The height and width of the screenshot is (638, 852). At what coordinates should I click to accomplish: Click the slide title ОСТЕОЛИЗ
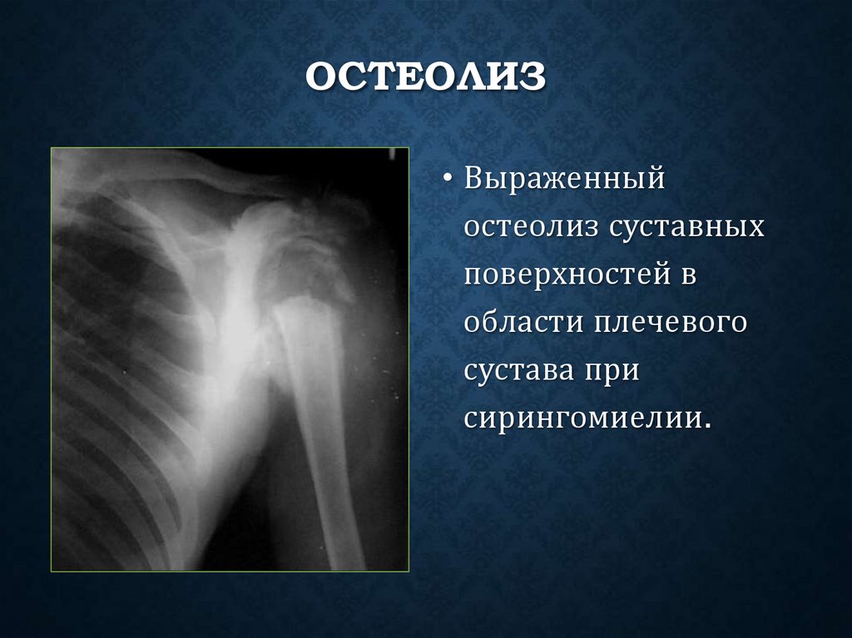click(x=425, y=78)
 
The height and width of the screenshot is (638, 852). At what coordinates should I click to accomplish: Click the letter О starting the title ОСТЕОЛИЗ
click(x=319, y=78)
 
